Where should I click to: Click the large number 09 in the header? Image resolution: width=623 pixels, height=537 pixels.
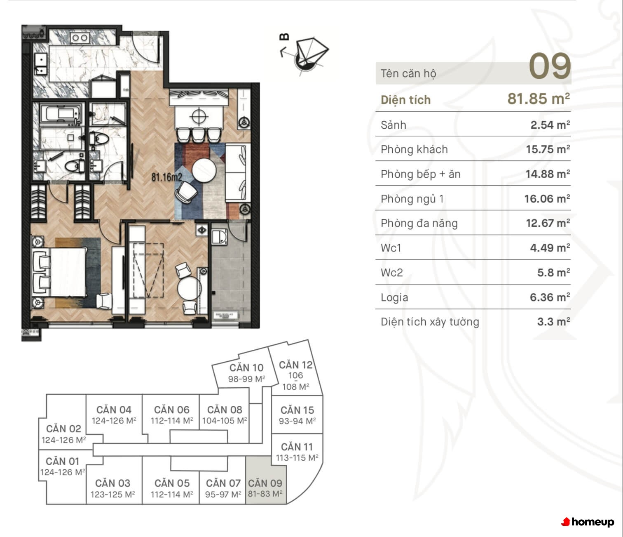pos(550,66)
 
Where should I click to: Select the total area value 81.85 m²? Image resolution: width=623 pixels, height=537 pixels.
pos(539,99)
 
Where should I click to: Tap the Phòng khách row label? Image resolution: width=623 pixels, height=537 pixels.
pos(414,149)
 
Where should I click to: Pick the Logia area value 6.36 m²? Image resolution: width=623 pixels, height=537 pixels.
pos(550,297)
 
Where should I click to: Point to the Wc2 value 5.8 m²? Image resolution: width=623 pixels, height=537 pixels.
pos(554,273)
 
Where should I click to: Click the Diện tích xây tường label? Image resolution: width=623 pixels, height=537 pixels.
pos(430,322)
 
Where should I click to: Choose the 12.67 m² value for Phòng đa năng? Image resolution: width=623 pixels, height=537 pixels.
pos(548,223)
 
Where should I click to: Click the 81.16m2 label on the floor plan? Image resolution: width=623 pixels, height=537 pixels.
pos(166,177)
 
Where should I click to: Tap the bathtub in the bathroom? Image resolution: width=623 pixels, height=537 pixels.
pos(61,114)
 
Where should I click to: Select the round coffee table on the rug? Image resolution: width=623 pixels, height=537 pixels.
pos(204,170)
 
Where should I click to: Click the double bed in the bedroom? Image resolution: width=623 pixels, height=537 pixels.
pos(60,272)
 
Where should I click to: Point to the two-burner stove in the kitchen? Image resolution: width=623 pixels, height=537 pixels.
pos(80,38)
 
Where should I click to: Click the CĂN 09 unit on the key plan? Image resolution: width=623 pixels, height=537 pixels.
pos(265,480)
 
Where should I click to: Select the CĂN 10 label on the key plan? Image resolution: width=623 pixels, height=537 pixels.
pos(246,367)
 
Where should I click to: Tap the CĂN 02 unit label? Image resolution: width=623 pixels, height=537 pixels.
pos(63,429)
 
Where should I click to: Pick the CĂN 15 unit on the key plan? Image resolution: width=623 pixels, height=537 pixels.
pos(297,415)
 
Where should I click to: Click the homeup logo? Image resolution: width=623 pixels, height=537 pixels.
pos(588,522)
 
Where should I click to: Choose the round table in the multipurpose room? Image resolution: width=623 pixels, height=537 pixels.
pos(189,288)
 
